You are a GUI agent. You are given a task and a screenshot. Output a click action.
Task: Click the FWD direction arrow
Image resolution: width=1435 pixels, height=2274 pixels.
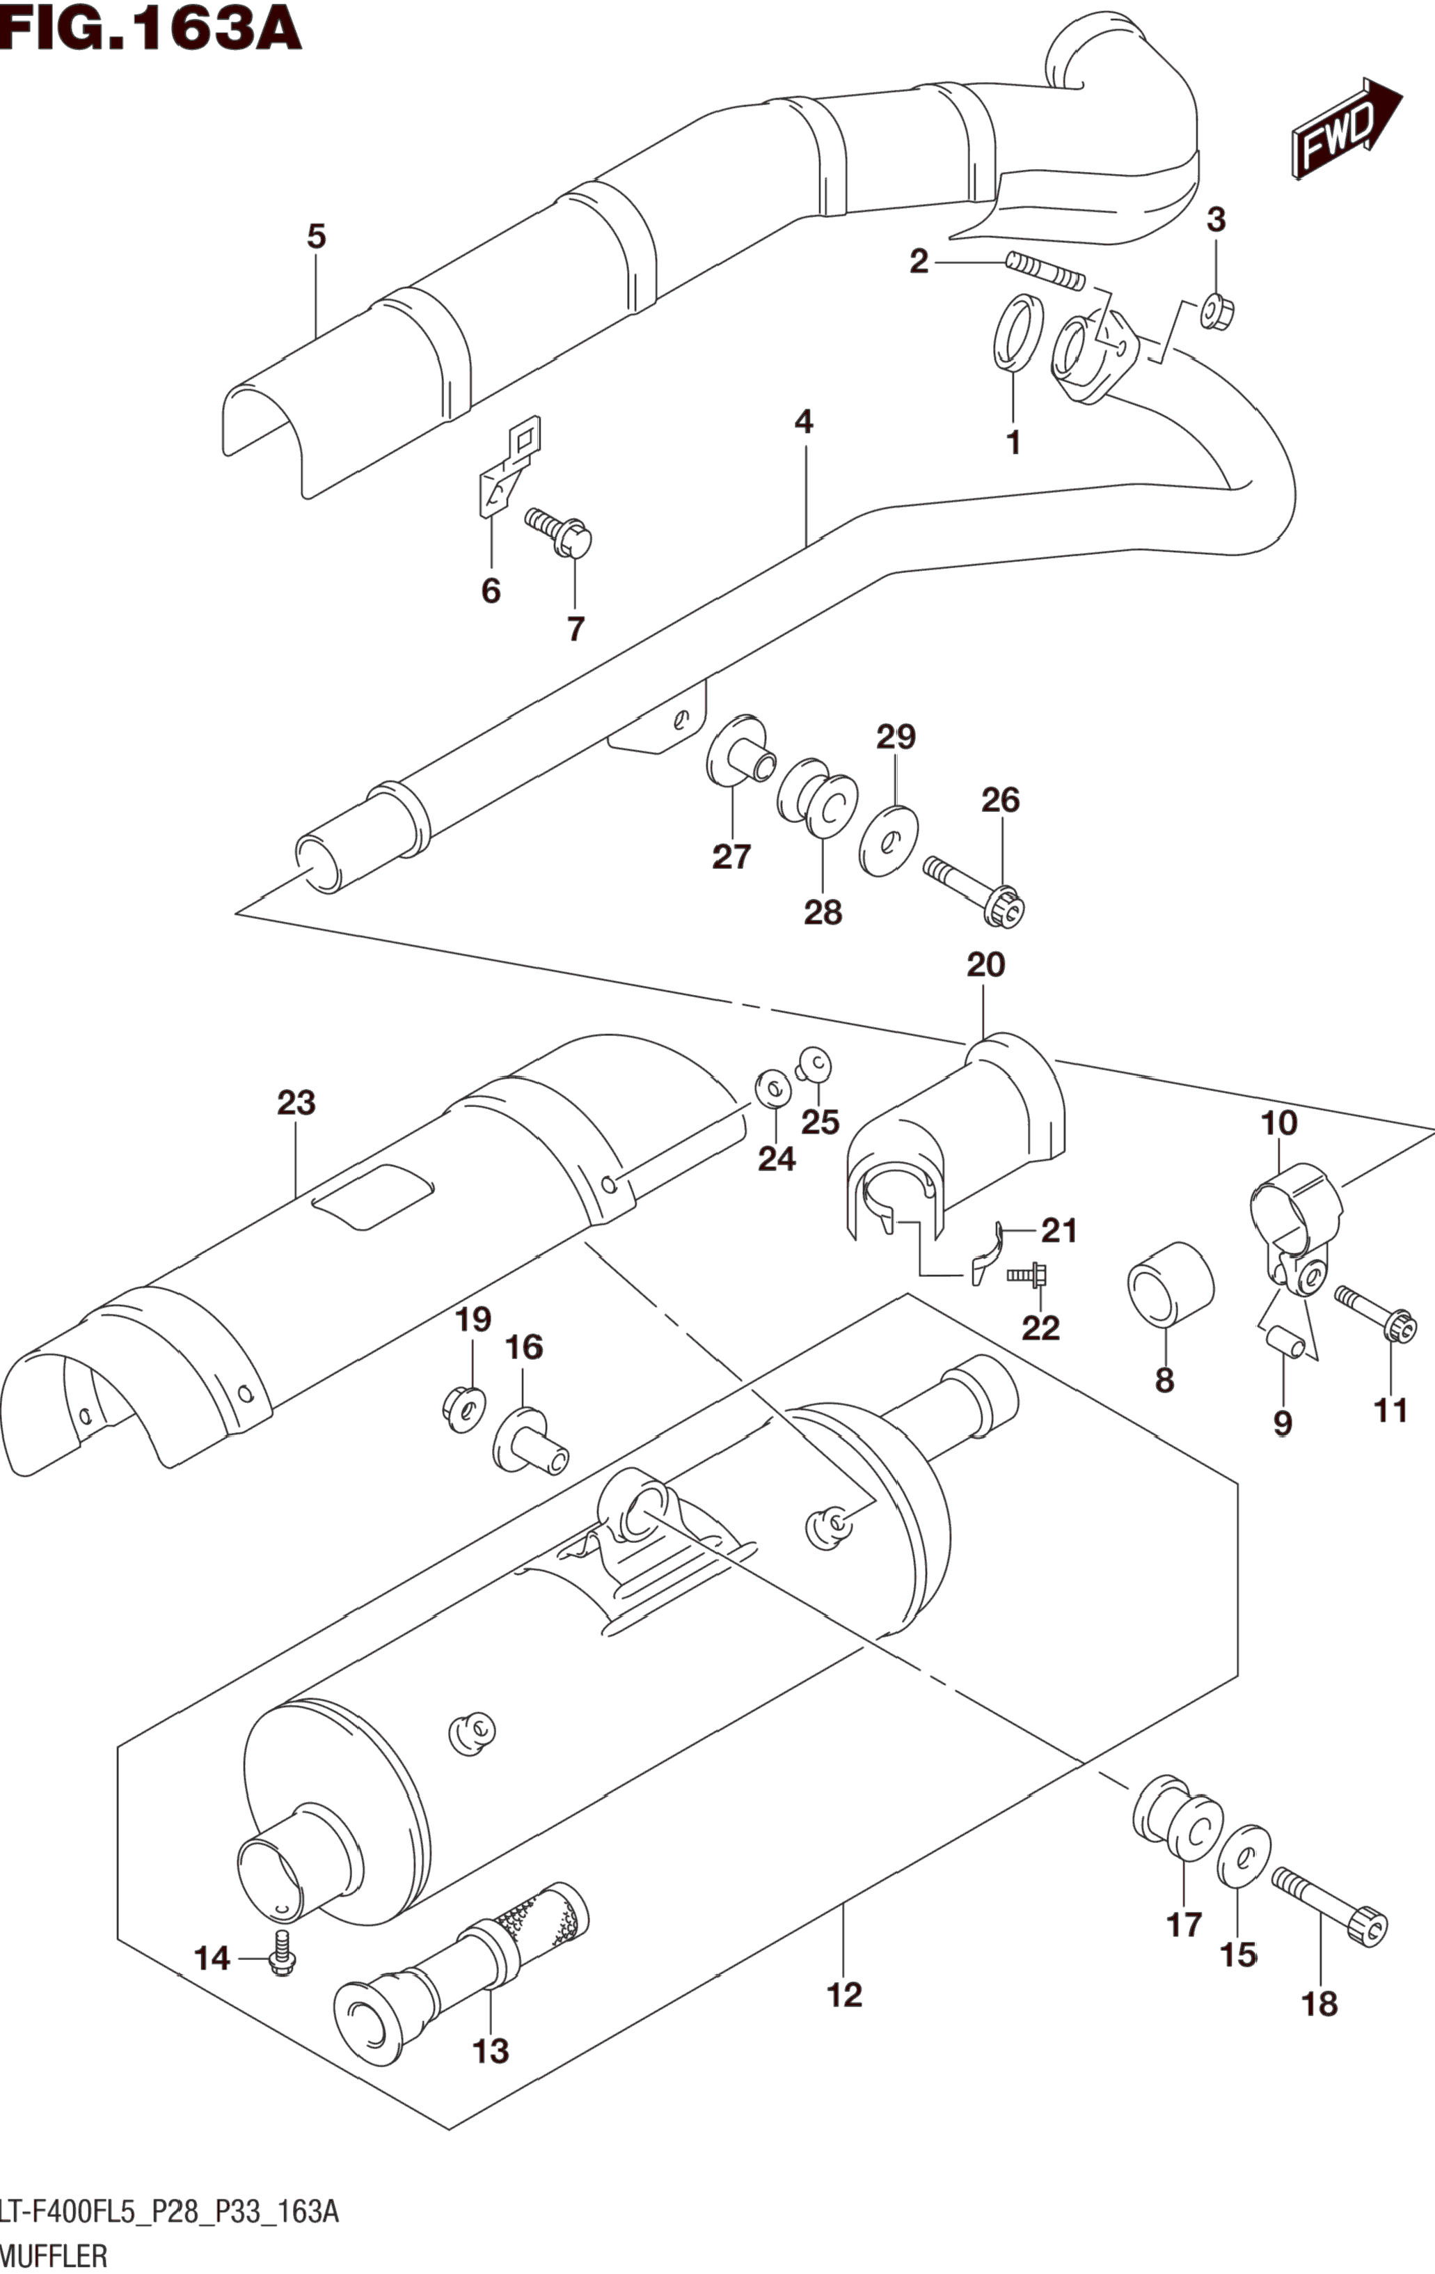point(1347,128)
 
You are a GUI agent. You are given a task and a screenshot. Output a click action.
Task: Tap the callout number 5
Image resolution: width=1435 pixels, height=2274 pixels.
point(316,236)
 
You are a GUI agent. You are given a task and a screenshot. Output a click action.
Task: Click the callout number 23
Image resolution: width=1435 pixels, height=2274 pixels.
point(296,1103)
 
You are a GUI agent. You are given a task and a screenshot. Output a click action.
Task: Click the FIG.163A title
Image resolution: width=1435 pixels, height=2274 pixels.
point(151,29)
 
